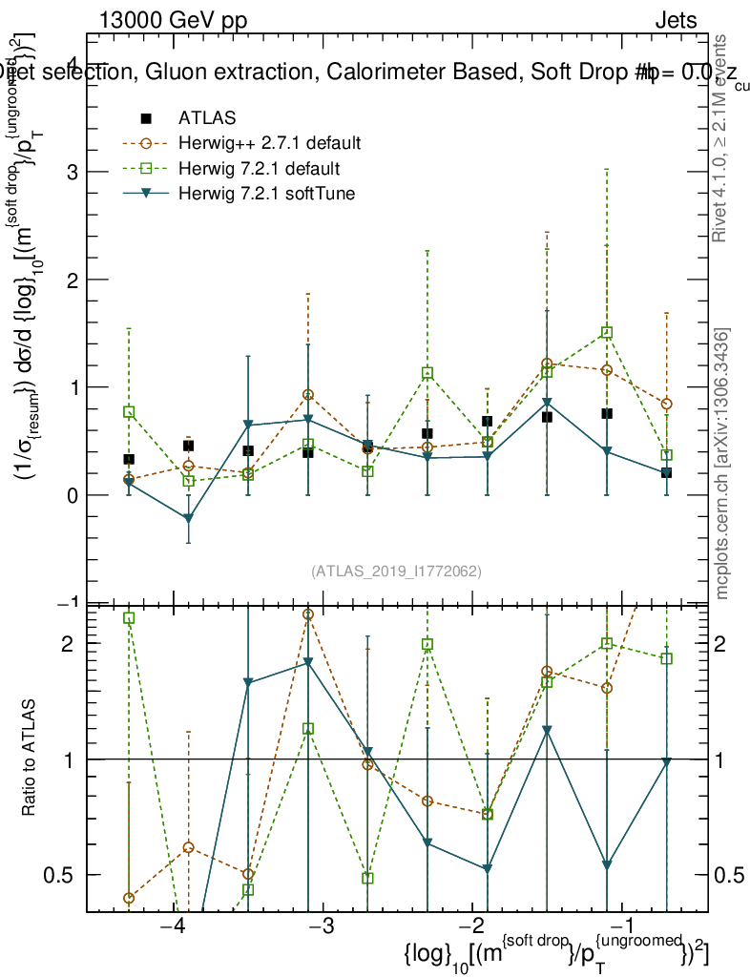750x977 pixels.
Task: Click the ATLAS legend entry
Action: [207, 118]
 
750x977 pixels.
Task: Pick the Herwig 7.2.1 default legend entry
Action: [259, 169]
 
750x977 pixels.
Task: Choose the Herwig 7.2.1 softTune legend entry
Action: [266, 194]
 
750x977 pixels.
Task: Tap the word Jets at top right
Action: [676, 21]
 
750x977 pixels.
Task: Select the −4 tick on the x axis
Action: [173, 928]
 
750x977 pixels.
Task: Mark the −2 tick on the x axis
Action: [473, 928]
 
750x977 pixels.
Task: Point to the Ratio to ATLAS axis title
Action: [30, 758]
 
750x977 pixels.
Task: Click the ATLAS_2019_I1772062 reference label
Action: [396, 572]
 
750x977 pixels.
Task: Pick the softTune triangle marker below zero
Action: [188, 519]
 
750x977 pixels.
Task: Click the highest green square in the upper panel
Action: [606, 333]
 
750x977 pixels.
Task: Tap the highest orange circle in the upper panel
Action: [547, 364]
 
